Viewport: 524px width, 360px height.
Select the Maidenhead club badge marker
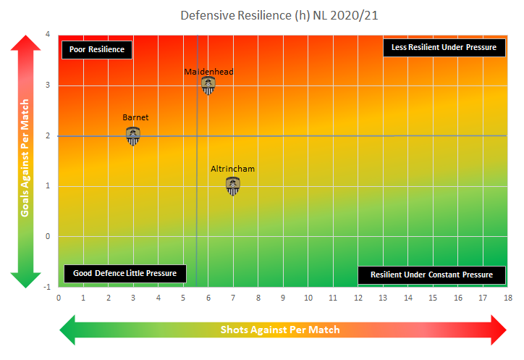pyautogui.click(x=208, y=85)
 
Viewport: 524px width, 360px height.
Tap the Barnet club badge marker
pyautogui.click(x=133, y=135)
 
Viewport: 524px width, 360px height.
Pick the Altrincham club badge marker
pyautogui.click(x=232, y=186)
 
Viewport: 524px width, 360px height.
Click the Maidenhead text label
pyautogui.click(x=208, y=72)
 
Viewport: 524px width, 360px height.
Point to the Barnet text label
pyautogui.click(x=135, y=117)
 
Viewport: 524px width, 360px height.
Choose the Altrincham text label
pyautogui.click(x=232, y=169)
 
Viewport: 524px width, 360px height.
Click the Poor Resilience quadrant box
pyautogui.click(x=96, y=49)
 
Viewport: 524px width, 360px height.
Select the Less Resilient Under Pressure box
pyautogui.click(x=444, y=47)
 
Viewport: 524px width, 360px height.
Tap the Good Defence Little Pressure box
pyautogui.click(x=125, y=274)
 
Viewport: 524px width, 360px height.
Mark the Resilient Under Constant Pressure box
pyautogui.click(x=431, y=275)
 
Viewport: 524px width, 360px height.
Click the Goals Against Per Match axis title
pyautogui.click(x=25, y=158)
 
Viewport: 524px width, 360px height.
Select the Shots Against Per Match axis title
pyautogui.click(x=280, y=330)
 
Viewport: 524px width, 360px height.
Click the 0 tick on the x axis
pyautogui.click(x=59, y=297)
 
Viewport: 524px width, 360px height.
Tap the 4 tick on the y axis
pyautogui.click(x=48, y=35)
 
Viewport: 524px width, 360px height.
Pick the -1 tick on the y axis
pyautogui.click(x=46, y=287)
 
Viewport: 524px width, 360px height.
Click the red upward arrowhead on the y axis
pyautogui.click(x=25, y=45)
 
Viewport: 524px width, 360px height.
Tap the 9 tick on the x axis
pyautogui.click(x=283, y=297)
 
